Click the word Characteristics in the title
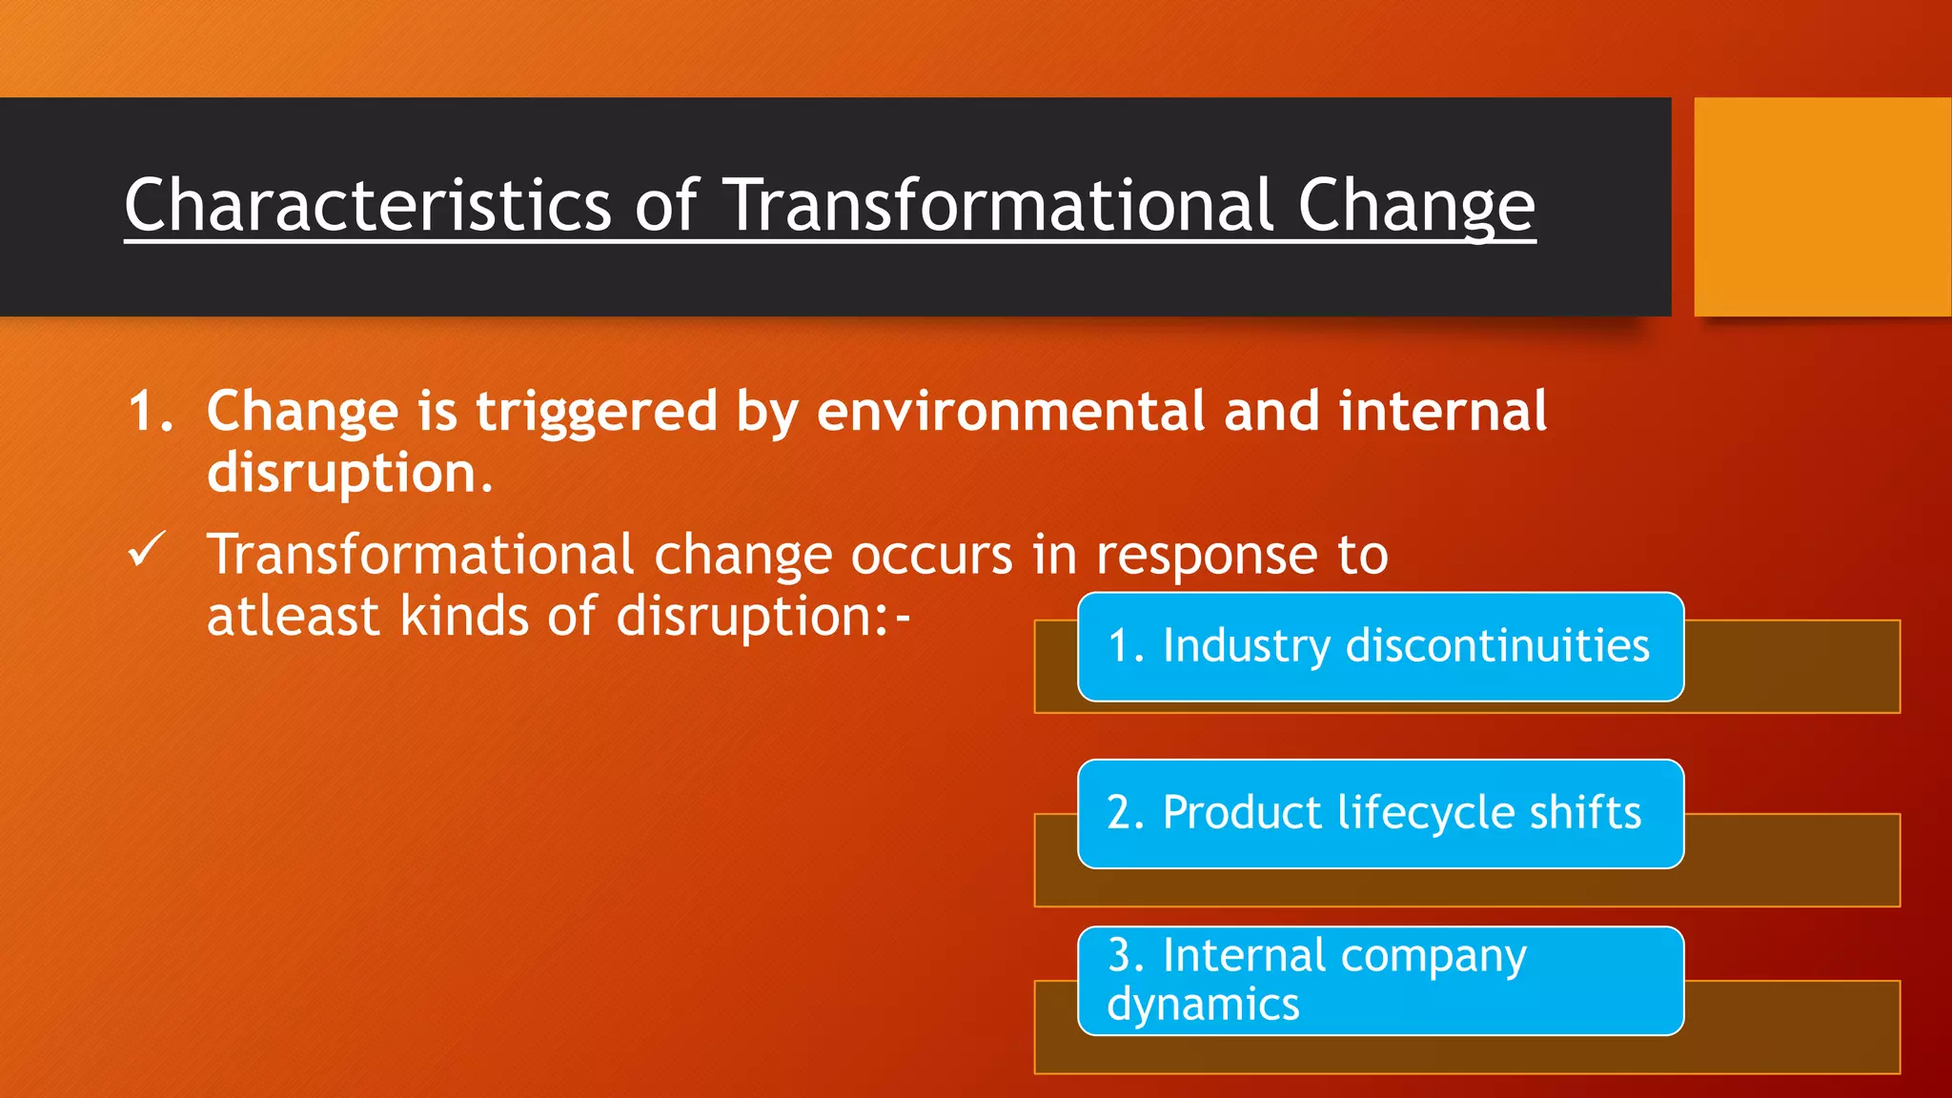(367, 205)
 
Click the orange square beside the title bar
(1821, 206)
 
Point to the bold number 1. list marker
(151, 412)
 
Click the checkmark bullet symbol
(147, 551)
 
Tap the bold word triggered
(596, 412)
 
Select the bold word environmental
(1012, 412)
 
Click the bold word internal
(1442, 412)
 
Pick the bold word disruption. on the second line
(349, 473)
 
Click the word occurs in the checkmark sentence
(931, 555)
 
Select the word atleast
(293, 617)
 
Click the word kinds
(463, 617)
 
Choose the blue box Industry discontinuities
(1379, 646)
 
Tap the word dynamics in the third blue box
(1203, 1005)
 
